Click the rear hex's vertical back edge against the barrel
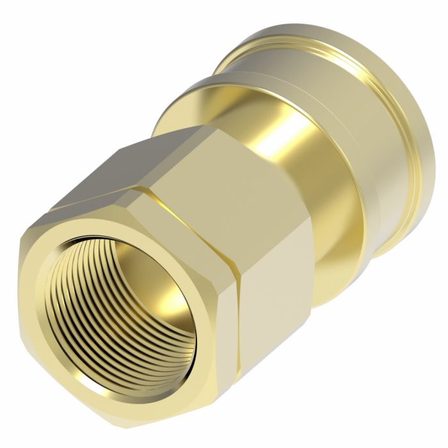point(314,269)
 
